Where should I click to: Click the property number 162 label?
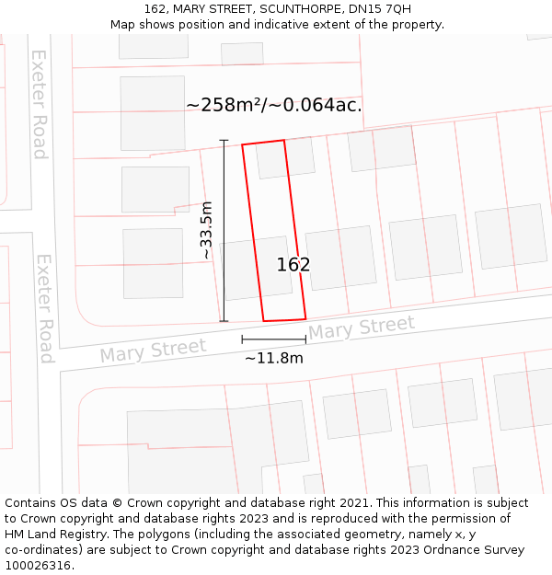coord(293,265)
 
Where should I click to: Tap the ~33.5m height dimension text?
coord(207,230)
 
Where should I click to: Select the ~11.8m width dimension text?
coord(273,358)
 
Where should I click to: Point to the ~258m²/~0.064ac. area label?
coord(274,105)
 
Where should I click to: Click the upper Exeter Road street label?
coord(40,103)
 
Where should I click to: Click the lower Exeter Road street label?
coord(45,308)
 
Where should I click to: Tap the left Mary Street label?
coord(153,351)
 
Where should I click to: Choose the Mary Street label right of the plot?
coord(362,328)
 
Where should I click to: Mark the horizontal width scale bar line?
coord(273,339)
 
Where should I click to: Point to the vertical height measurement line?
coord(224,230)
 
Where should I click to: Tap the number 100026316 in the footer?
coord(40,566)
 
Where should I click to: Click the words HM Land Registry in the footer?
coord(48,535)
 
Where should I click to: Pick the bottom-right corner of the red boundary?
coord(305,318)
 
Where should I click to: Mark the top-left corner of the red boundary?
coord(242,144)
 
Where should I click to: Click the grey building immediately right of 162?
coord(340,259)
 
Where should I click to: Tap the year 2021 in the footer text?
coord(355,503)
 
